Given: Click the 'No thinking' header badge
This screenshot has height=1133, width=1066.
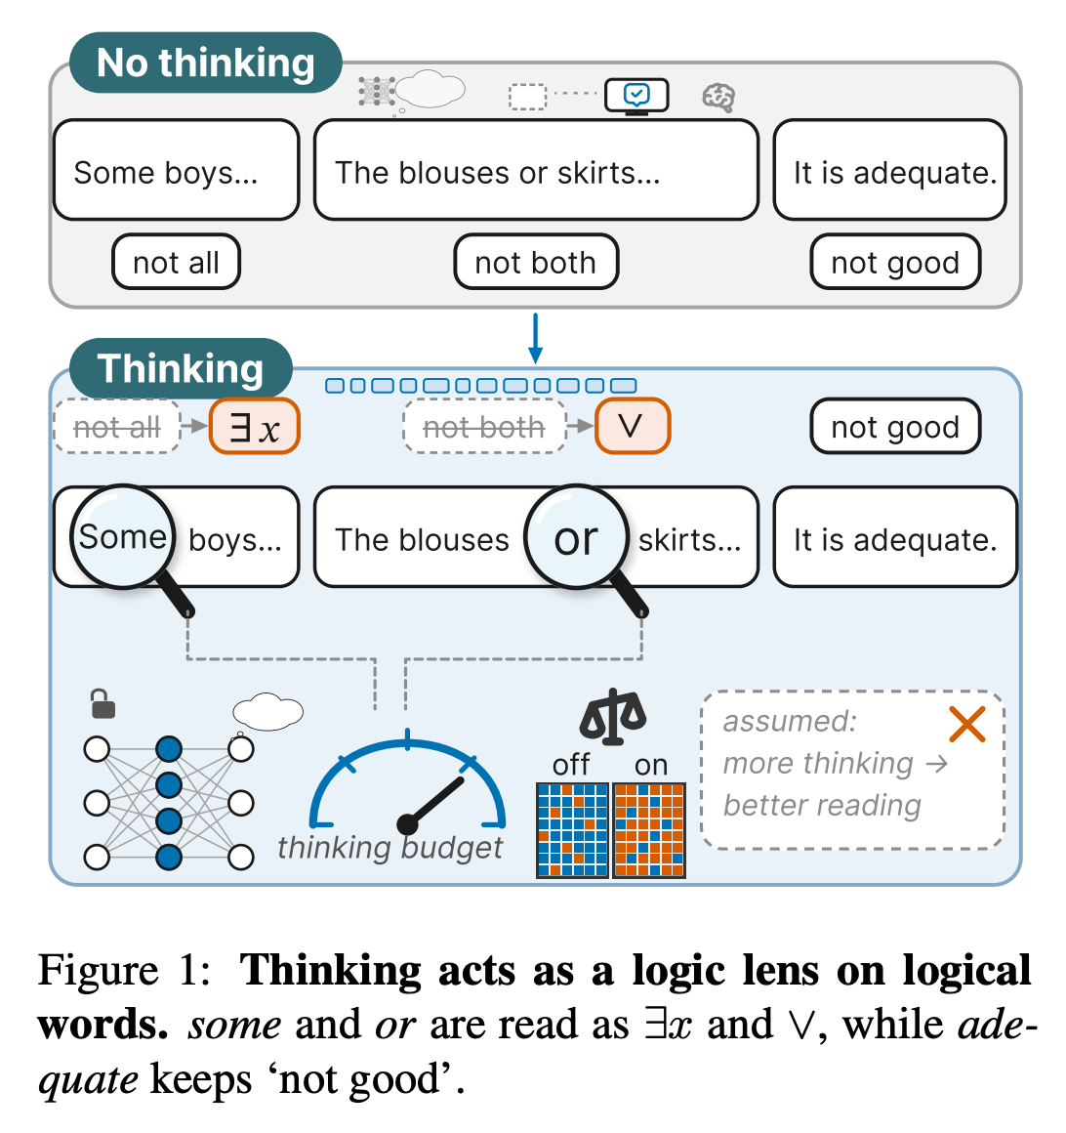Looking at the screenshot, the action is [206, 63].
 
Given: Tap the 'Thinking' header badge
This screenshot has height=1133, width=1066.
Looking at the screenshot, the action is [181, 368].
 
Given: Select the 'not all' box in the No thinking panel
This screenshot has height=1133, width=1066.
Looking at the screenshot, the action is [177, 263].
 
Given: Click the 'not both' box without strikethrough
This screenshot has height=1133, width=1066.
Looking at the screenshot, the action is [536, 263].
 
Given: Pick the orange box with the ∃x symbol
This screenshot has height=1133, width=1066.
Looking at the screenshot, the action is [254, 426].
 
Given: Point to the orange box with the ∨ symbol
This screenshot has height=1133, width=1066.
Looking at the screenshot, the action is [633, 426].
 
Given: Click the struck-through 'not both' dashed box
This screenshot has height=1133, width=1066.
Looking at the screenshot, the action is [484, 426].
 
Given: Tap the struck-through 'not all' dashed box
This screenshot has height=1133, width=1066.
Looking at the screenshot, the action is [117, 426].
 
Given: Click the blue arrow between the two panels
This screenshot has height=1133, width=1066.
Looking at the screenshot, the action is [535, 338].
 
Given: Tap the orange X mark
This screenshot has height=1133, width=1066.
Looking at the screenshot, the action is [967, 725].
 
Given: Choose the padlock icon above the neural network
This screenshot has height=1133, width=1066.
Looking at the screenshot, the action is [103, 704].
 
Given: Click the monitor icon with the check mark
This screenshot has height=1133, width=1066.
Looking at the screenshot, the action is [636, 96].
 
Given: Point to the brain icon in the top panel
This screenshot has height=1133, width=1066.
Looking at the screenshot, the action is [718, 97].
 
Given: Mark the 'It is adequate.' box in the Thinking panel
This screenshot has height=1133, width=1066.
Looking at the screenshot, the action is [895, 537].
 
